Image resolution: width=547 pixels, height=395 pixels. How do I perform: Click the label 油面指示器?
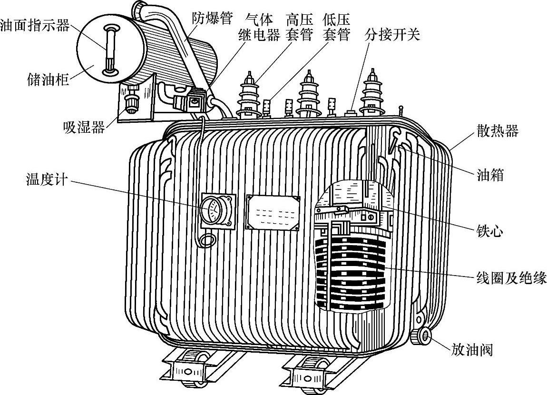(x=35, y=25)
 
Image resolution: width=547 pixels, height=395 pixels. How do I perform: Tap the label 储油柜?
(x=48, y=79)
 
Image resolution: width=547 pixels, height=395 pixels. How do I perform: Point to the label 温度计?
(x=47, y=180)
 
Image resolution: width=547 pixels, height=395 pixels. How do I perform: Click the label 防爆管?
(x=212, y=19)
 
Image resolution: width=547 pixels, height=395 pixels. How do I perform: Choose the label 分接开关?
(x=392, y=35)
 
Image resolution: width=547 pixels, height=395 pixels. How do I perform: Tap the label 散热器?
(x=497, y=131)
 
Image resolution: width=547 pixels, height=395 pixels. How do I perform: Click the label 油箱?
(x=490, y=176)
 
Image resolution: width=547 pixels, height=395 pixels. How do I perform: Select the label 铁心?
(x=490, y=232)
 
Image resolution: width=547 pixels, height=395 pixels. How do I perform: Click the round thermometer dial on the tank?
(x=212, y=210)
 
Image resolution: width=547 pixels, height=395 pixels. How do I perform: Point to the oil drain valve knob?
(x=421, y=336)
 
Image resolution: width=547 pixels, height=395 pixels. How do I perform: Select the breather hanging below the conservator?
(x=129, y=99)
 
